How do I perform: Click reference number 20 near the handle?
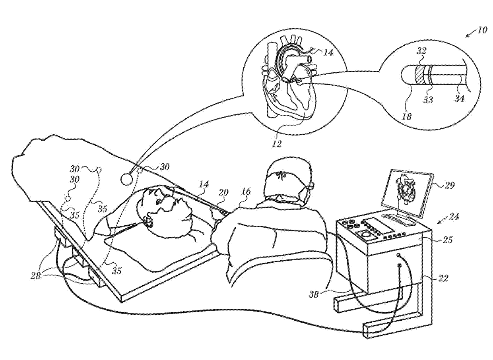224,192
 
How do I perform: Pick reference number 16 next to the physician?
246,192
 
